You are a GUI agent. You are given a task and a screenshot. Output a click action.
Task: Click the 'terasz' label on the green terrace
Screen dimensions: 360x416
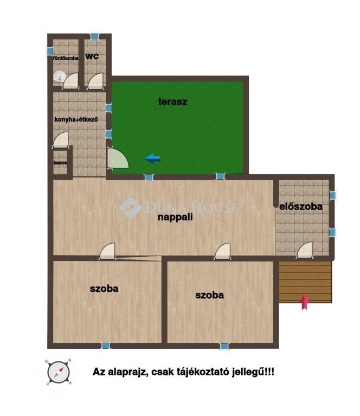(x=172, y=102)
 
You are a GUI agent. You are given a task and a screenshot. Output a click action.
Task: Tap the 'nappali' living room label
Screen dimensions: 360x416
(x=175, y=217)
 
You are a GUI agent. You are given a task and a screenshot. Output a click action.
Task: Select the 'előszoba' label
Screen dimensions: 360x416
(x=301, y=206)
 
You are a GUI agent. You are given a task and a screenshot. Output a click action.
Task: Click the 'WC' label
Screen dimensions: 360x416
(x=92, y=56)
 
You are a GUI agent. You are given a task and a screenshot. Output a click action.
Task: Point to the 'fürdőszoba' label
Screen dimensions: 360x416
(x=66, y=58)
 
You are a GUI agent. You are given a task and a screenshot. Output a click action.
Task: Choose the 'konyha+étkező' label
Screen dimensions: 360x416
(x=76, y=119)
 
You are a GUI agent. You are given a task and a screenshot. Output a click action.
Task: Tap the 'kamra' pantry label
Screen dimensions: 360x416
(x=60, y=162)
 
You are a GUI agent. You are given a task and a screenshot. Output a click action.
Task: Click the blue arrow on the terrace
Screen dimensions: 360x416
(x=153, y=159)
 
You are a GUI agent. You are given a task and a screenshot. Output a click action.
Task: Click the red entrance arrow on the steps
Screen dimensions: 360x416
(x=305, y=302)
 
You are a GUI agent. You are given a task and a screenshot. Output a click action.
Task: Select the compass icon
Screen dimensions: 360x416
(x=59, y=372)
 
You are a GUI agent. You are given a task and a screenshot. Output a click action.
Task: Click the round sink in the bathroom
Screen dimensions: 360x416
(x=60, y=77)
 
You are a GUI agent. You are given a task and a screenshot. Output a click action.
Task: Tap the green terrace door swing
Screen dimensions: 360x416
(x=117, y=158)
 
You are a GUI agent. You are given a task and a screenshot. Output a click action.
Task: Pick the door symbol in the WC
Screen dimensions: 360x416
(x=95, y=81)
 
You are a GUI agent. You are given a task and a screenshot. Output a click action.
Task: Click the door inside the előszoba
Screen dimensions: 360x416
(x=305, y=250)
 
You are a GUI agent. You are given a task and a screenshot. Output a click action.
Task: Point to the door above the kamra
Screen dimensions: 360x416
(x=61, y=140)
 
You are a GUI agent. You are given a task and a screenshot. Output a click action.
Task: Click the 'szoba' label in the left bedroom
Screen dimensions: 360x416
(x=104, y=289)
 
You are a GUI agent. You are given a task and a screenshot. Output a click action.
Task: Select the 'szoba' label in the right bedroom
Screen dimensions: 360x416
(x=209, y=295)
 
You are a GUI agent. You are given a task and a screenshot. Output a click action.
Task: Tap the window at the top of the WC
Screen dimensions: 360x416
(x=94, y=37)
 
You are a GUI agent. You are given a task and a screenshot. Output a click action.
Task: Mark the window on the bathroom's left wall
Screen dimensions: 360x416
(x=50, y=51)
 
